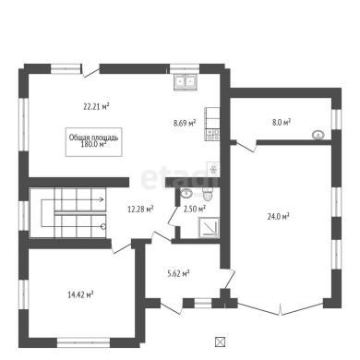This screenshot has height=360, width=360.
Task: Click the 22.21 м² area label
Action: [97, 107]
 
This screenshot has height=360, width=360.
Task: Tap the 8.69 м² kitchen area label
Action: [185, 123]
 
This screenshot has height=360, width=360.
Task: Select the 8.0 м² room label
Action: [282, 122]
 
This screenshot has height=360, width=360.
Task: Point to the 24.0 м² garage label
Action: [278, 217]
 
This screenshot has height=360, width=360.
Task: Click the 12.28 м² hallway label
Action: [140, 210]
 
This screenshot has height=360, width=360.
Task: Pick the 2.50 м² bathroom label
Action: [195, 210]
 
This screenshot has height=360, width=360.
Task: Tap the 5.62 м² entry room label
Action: [178, 273]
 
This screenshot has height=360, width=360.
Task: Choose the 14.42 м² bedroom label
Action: [80, 295]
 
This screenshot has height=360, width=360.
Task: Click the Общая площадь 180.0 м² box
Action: [94, 142]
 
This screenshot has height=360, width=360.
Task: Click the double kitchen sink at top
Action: [186, 81]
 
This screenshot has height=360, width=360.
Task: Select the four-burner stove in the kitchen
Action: [212, 135]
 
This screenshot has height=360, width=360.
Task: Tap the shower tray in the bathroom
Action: [209, 228]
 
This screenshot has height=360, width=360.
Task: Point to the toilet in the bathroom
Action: [208, 193]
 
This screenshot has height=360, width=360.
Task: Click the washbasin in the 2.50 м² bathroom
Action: [186, 193]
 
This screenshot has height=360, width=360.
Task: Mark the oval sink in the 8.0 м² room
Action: [318, 135]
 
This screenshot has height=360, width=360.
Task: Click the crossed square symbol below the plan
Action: [220, 342]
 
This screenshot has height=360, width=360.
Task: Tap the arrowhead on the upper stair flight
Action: [102, 199]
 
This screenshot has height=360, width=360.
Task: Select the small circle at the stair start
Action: [103, 227]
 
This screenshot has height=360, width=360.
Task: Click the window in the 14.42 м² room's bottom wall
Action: [84, 342]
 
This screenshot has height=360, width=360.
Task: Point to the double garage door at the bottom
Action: [281, 308]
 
